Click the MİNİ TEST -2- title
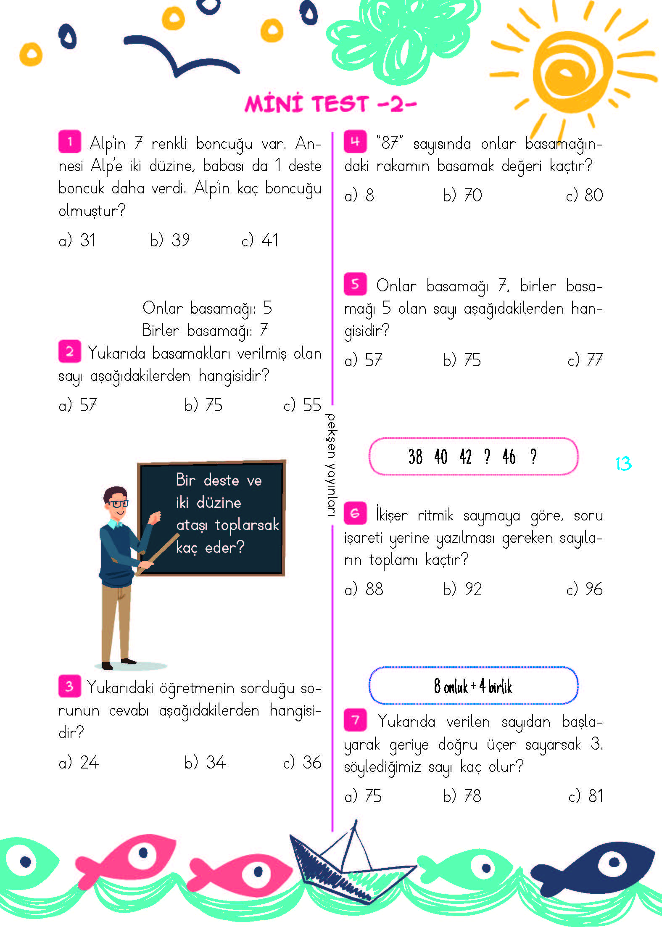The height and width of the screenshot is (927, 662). pyautogui.click(x=330, y=104)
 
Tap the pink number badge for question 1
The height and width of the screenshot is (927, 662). pyautogui.click(x=70, y=142)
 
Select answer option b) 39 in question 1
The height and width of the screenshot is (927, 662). pyautogui.click(x=170, y=240)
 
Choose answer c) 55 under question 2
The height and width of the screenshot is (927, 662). pyautogui.click(x=302, y=405)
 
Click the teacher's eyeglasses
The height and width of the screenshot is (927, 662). pyautogui.click(x=118, y=503)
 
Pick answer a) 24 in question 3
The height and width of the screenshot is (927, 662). pyautogui.click(x=79, y=762)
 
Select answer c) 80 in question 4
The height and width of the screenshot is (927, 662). pyautogui.click(x=584, y=195)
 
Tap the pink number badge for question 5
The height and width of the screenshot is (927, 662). pyautogui.click(x=355, y=284)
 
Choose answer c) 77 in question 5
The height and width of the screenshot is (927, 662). pyautogui.click(x=585, y=360)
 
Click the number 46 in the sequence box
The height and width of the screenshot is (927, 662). pyautogui.click(x=509, y=457)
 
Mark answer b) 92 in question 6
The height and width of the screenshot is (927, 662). pyautogui.click(x=462, y=589)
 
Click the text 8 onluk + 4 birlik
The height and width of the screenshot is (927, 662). pyautogui.click(x=473, y=686)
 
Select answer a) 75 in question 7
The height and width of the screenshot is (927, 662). pyautogui.click(x=363, y=796)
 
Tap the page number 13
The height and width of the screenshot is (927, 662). pyautogui.click(x=623, y=464)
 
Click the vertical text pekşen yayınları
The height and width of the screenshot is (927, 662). pyautogui.click(x=331, y=465)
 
